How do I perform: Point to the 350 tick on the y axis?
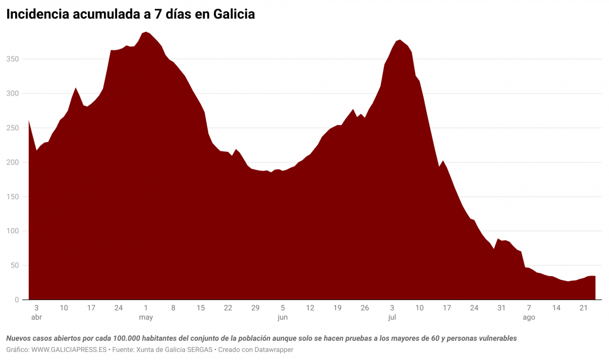pos(12,59)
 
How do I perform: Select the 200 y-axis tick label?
pos(12,162)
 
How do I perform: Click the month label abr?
pos(37,317)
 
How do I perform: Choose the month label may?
pos(146,317)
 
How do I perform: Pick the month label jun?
pos(283,317)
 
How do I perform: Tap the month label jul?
pos(392,317)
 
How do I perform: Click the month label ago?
pos(529,317)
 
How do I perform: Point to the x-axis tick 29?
pos(255,308)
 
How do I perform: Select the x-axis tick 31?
pos(501,308)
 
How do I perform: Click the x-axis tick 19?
pos(338,308)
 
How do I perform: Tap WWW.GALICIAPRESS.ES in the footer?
pos(69,350)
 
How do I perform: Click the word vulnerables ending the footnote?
pos(494,338)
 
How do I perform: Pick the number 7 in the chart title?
pos(158,15)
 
